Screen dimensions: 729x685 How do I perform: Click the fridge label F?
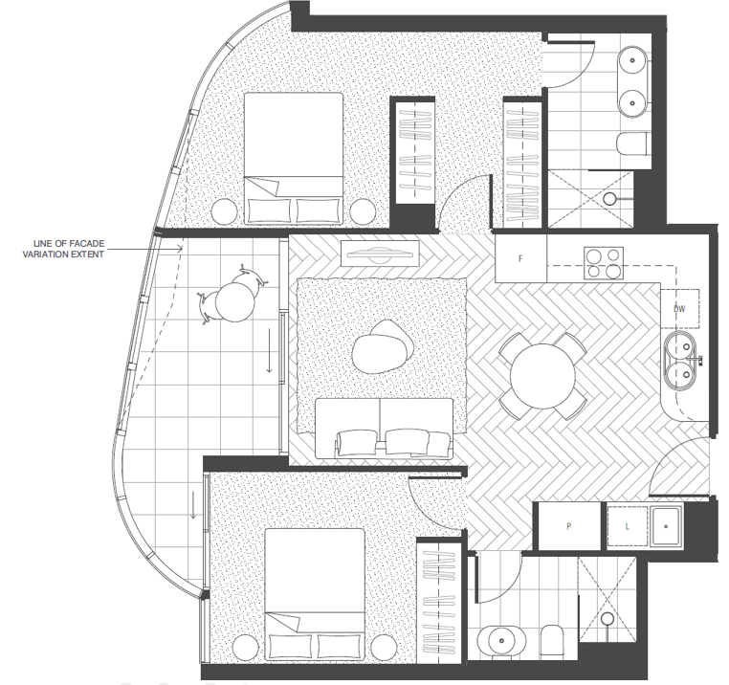[520, 258]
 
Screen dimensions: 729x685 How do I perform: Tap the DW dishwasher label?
[679, 309]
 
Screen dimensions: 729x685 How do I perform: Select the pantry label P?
[568, 526]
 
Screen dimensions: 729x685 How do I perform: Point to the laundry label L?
[628, 527]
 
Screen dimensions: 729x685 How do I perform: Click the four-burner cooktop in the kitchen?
[604, 263]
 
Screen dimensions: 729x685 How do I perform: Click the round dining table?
[542, 376]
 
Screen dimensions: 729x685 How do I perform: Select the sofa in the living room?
[384, 428]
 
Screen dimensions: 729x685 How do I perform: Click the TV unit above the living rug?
[380, 254]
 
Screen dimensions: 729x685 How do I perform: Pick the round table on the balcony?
[235, 301]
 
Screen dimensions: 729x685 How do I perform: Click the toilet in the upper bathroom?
[632, 144]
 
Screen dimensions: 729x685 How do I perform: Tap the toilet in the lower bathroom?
[552, 641]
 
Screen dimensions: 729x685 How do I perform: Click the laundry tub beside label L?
[666, 526]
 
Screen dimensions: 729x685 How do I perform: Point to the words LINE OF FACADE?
[69, 244]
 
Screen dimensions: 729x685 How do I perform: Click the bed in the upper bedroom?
[294, 159]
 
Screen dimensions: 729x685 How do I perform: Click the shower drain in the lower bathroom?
[607, 619]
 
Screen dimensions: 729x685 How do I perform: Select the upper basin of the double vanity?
[632, 60]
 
